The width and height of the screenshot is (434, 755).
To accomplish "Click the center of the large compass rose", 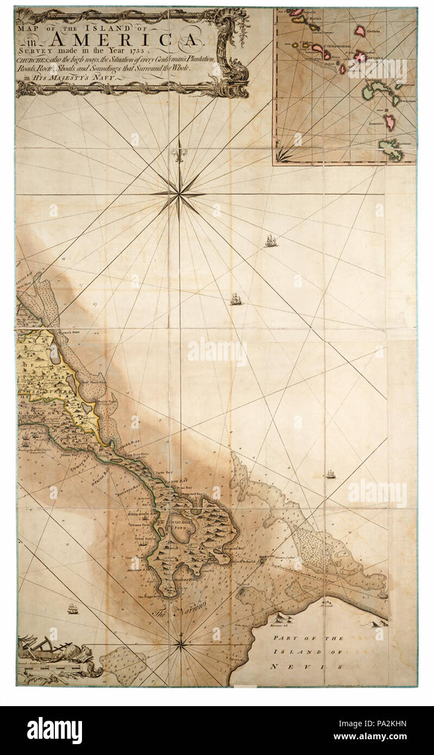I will pyautogui.click(x=178, y=194).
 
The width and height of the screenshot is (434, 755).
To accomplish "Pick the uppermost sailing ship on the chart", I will pyautogui.click(x=271, y=241).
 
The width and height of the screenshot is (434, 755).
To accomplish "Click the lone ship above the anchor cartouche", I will pyautogui.click(x=73, y=608).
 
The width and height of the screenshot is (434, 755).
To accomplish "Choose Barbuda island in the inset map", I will pyautogui.click(x=361, y=30).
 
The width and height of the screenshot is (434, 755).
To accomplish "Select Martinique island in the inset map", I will pyautogui.click(x=392, y=149).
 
